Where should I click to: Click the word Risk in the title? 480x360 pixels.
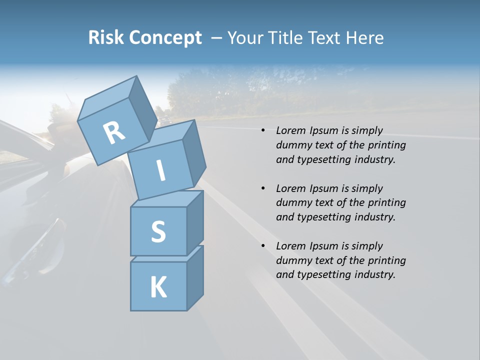click(106, 38)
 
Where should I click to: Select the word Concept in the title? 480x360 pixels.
click(165, 38)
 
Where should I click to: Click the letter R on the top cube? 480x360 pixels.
click(114, 132)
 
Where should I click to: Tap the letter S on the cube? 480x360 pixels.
click(158, 232)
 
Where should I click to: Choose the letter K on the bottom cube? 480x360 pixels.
click(158, 287)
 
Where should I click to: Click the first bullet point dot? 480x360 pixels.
click(263, 131)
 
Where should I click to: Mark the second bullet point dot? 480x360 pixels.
click(263, 189)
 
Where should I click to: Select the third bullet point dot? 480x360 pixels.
click(263, 246)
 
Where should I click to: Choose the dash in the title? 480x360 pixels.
click(217, 38)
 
